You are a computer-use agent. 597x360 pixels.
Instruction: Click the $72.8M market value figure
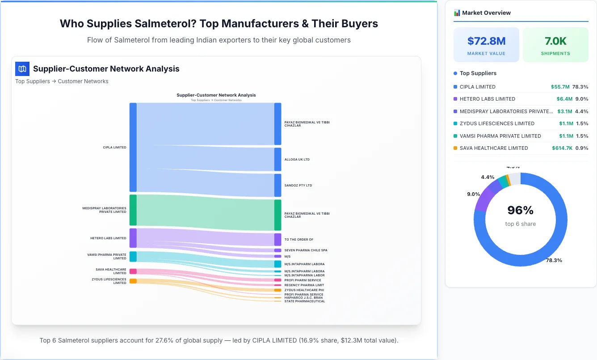(x=486, y=41)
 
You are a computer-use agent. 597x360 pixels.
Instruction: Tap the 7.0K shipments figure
(x=555, y=41)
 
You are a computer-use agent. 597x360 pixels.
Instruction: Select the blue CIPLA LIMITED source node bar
(x=133, y=147)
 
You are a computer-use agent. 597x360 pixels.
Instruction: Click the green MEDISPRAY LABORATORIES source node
(x=133, y=210)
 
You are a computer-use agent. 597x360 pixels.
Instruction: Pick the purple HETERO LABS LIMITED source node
(x=133, y=238)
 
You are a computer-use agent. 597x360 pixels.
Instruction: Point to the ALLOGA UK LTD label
(x=297, y=159)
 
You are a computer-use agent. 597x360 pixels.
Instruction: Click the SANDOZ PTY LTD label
(x=298, y=185)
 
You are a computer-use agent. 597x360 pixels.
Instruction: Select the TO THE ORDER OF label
(x=298, y=240)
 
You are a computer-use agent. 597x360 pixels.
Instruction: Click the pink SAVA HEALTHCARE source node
(x=133, y=271)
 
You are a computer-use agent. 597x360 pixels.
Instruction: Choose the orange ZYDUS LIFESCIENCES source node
(x=133, y=281)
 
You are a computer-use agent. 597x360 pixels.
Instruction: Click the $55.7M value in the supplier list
(x=560, y=87)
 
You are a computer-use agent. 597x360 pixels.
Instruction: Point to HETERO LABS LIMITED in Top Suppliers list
(x=487, y=99)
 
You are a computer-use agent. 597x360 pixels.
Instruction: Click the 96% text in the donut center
(x=520, y=210)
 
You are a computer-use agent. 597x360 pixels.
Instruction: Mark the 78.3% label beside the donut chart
(x=554, y=260)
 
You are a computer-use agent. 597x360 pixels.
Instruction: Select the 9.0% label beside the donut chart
(x=473, y=194)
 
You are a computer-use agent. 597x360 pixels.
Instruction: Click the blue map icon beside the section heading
(x=22, y=69)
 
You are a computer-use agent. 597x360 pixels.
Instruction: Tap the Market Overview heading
(x=486, y=13)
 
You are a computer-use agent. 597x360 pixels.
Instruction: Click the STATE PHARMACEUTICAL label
(x=305, y=301)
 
